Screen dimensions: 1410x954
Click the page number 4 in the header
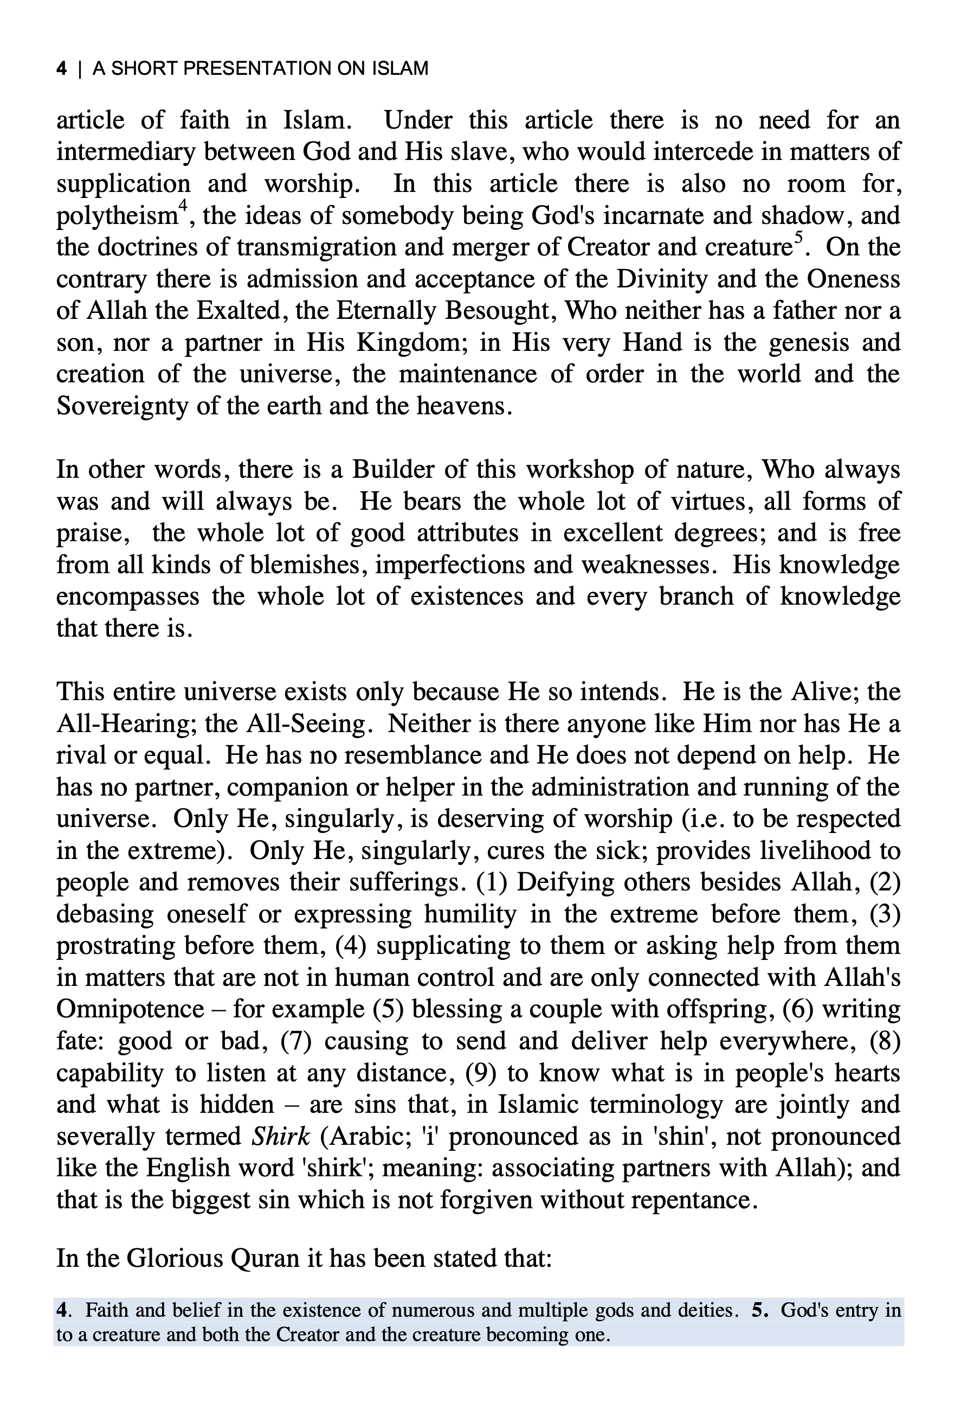(61, 68)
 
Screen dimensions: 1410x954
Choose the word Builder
(392, 470)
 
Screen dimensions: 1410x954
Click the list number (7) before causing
(296, 1041)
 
